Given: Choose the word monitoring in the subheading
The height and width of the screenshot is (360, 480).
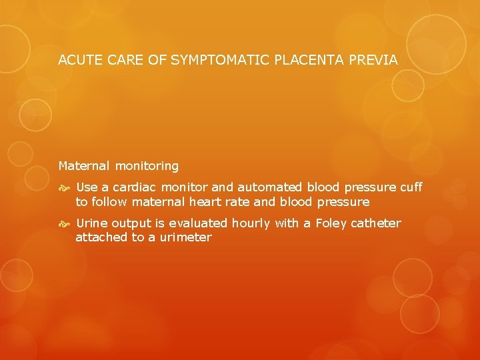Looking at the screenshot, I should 147,165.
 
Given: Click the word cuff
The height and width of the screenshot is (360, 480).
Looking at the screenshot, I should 411,188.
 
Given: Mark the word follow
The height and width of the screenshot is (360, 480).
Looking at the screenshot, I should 109,201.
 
